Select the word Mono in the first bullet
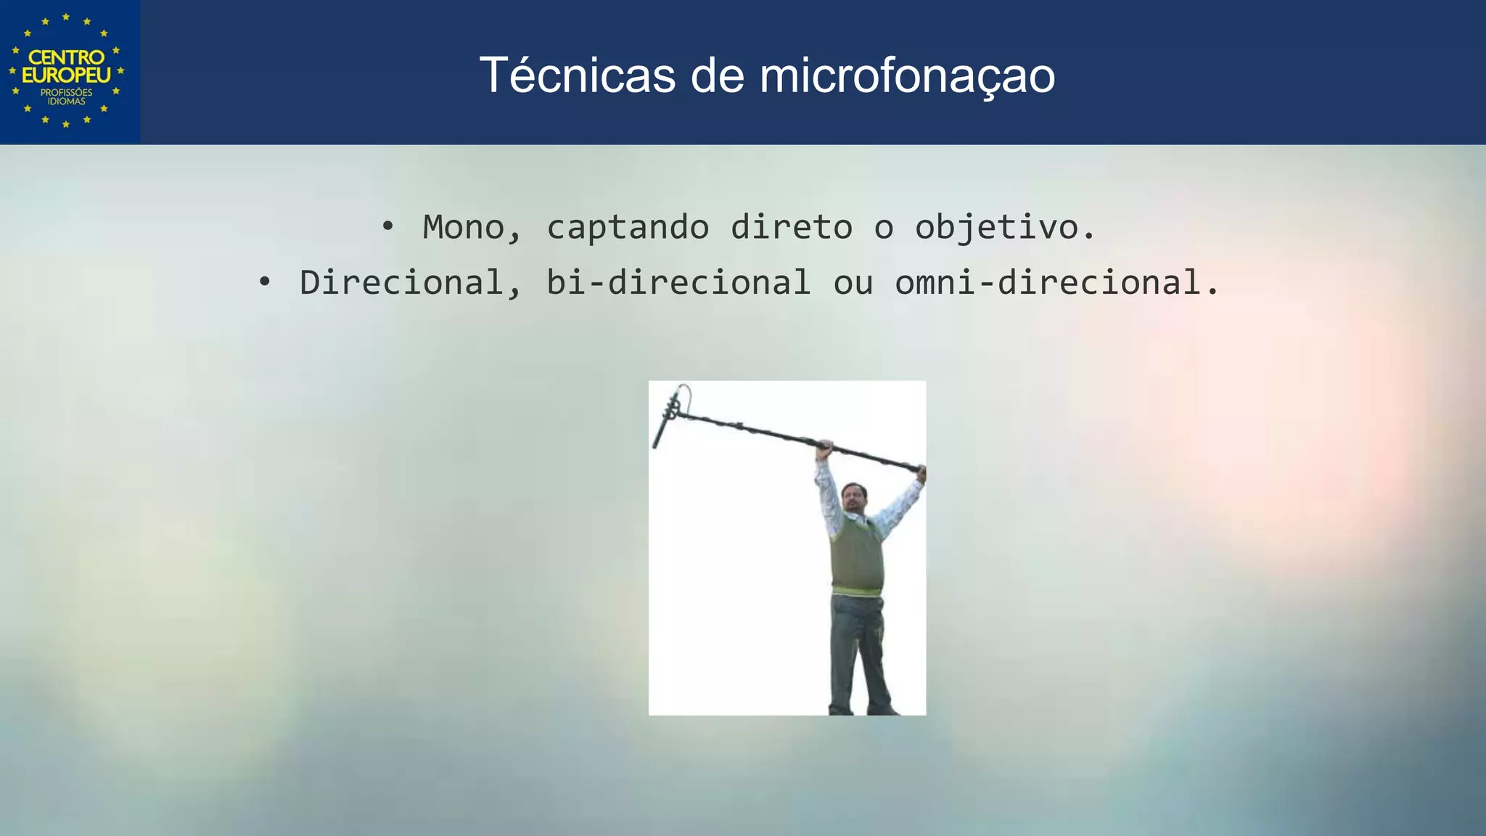tap(463, 227)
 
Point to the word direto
tap(791, 227)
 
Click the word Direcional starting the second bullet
tap(401, 282)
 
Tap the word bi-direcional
tap(678, 282)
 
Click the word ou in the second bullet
tap(853, 283)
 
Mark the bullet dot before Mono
tap(388, 226)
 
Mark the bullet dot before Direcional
tap(265, 282)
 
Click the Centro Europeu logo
tap(67, 71)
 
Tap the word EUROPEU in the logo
tap(67, 75)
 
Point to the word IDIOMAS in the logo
tap(67, 102)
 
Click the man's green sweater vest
tap(857, 555)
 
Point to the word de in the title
tap(717, 75)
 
